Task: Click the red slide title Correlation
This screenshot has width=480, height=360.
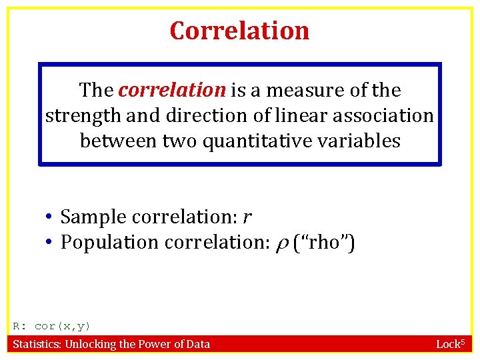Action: (x=239, y=31)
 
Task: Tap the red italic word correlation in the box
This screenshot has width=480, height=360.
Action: (x=172, y=89)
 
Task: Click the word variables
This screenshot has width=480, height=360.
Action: (x=360, y=141)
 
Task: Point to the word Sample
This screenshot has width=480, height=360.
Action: (x=93, y=217)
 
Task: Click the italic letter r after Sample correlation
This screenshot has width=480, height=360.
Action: (x=247, y=218)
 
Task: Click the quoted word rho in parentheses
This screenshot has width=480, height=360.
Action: (x=325, y=243)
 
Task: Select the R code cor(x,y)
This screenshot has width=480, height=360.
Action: (x=62, y=326)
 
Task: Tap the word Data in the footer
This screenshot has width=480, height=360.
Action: (x=197, y=344)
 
